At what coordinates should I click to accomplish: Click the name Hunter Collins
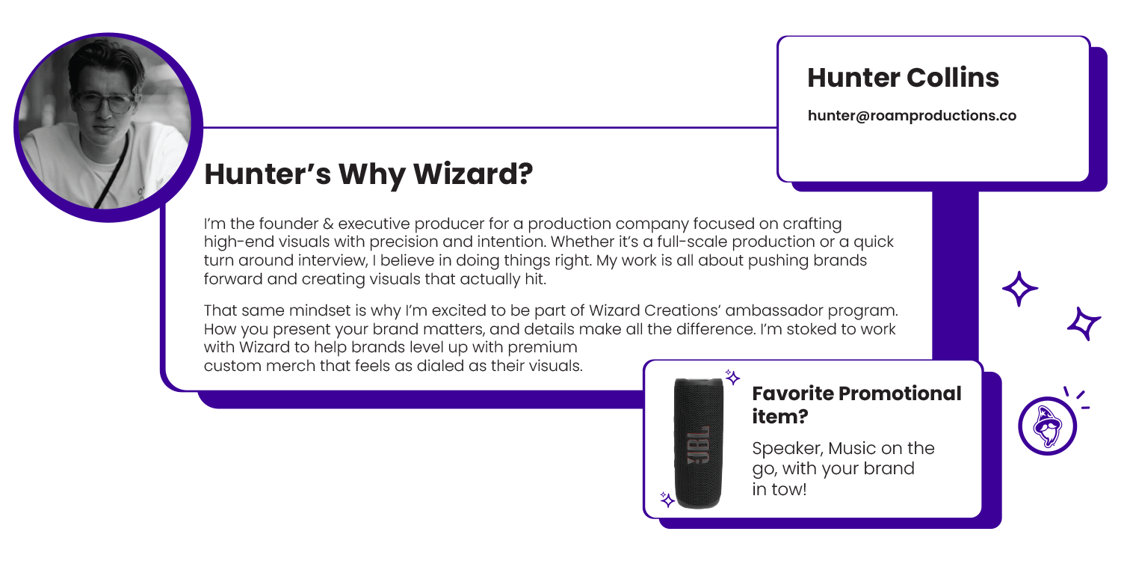pos(903,78)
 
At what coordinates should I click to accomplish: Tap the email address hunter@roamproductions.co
pos(912,116)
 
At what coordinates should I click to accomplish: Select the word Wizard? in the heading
pos(473,174)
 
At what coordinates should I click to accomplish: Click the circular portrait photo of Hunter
pos(108,127)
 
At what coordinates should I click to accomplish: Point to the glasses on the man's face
pos(104,102)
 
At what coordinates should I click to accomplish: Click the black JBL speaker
pos(699,444)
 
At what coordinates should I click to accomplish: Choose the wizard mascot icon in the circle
pos(1048,426)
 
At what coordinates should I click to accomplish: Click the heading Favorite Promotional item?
pos(856,405)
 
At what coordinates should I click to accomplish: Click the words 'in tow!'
pos(779,489)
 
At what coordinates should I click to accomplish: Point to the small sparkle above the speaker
pos(732,377)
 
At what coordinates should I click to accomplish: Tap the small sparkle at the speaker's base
pos(667,500)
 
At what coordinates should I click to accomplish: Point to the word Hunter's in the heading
pos(268,174)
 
